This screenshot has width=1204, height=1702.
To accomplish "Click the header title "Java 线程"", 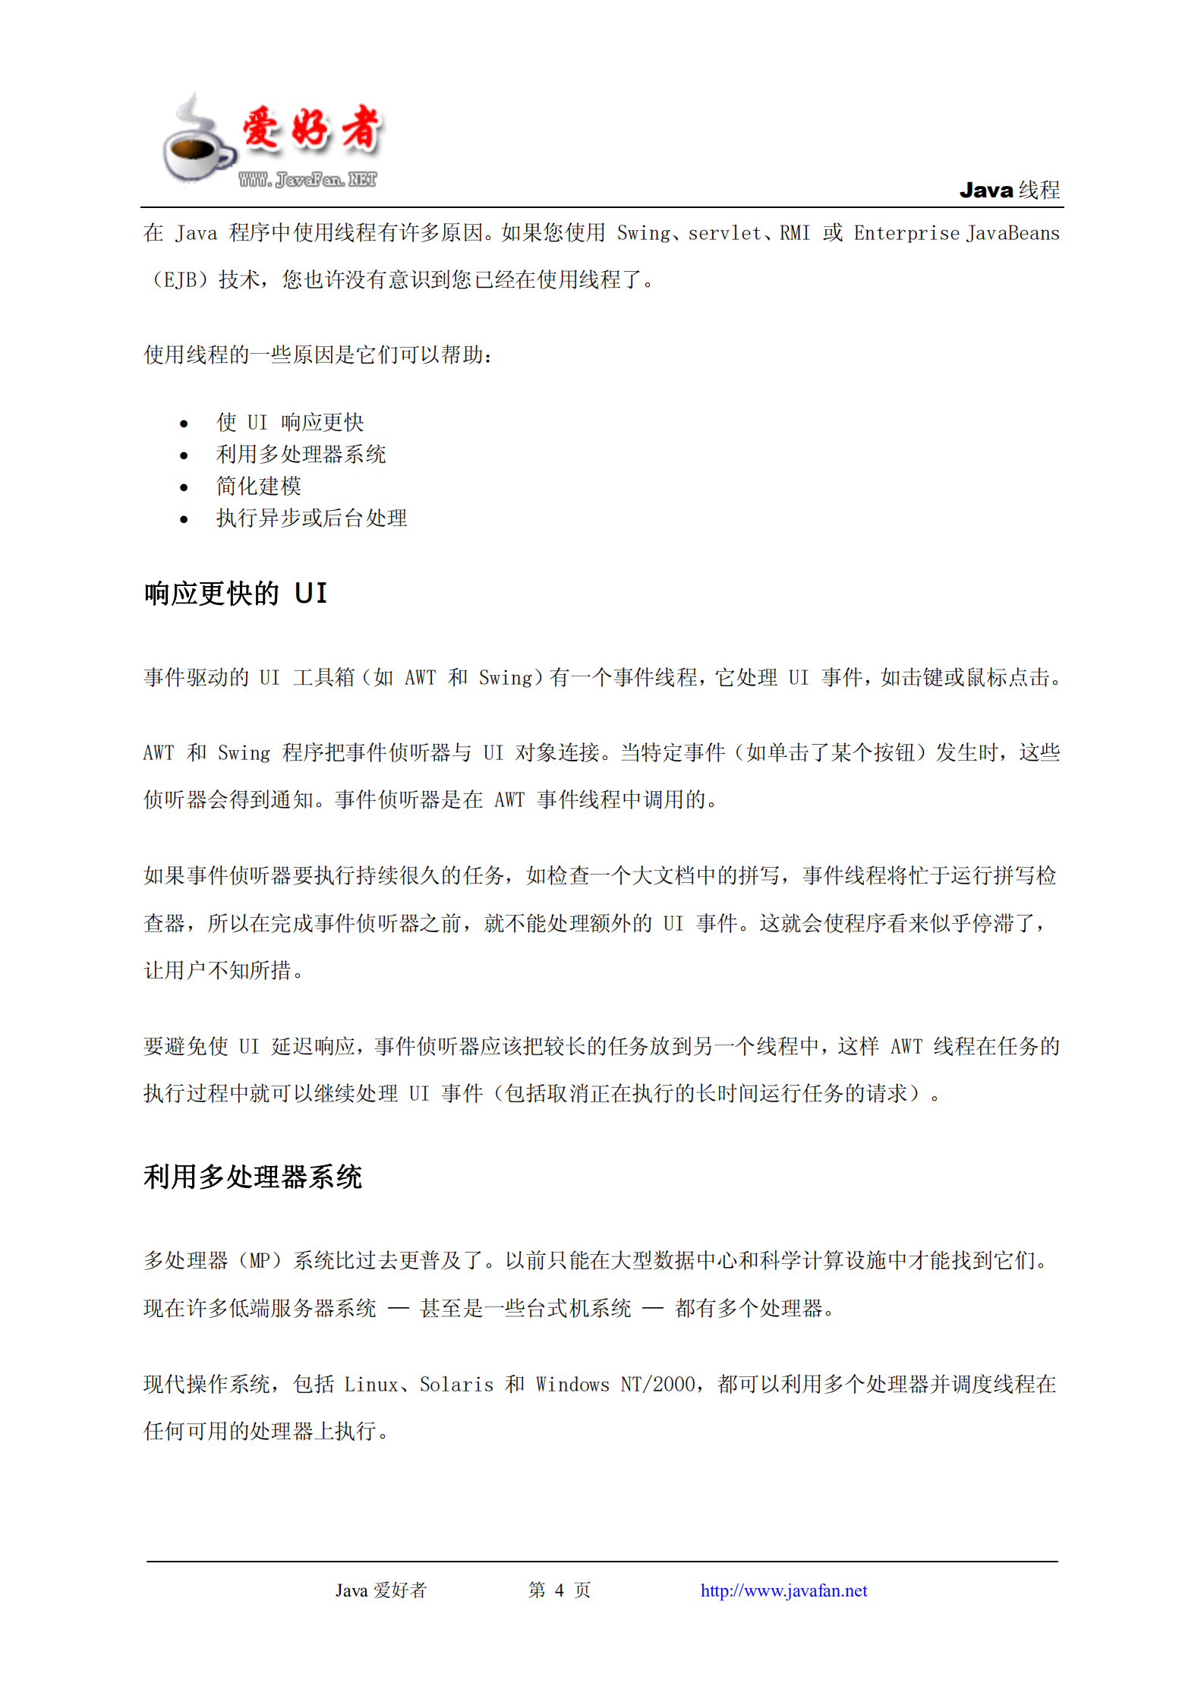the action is pyautogui.click(x=1009, y=190).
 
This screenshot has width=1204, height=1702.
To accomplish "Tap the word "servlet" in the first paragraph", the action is pyautogui.click(x=724, y=233).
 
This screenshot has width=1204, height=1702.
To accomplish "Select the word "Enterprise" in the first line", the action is pyautogui.click(x=906, y=233).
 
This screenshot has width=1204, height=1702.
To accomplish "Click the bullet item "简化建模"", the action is pyautogui.click(x=258, y=486).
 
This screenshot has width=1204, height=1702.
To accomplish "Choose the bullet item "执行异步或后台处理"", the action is pyautogui.click(x=311, y=518).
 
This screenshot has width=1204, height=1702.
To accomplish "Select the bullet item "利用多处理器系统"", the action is pyautogui.click(x=301, y=454).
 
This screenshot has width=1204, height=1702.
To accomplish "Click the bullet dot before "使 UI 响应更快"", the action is pyautogui.click(x=184, y=424).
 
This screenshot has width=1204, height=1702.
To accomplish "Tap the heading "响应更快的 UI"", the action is pyautogui.click(x=235, y=594).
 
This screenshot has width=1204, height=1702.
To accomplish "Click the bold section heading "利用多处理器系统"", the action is pyautogui.click(x=253, y=1177).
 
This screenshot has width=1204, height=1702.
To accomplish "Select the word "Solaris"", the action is pyautogui.click(x=456, y=1385).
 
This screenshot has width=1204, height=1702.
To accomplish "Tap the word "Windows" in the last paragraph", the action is pyautogui.click(x=572, y=1385).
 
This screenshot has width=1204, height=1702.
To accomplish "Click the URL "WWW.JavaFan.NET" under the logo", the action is pyautogui.click(x=307, y=180).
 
